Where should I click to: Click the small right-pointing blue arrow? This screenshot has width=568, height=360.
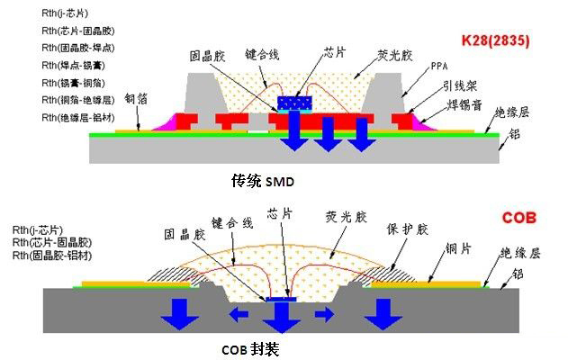[325, 314]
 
